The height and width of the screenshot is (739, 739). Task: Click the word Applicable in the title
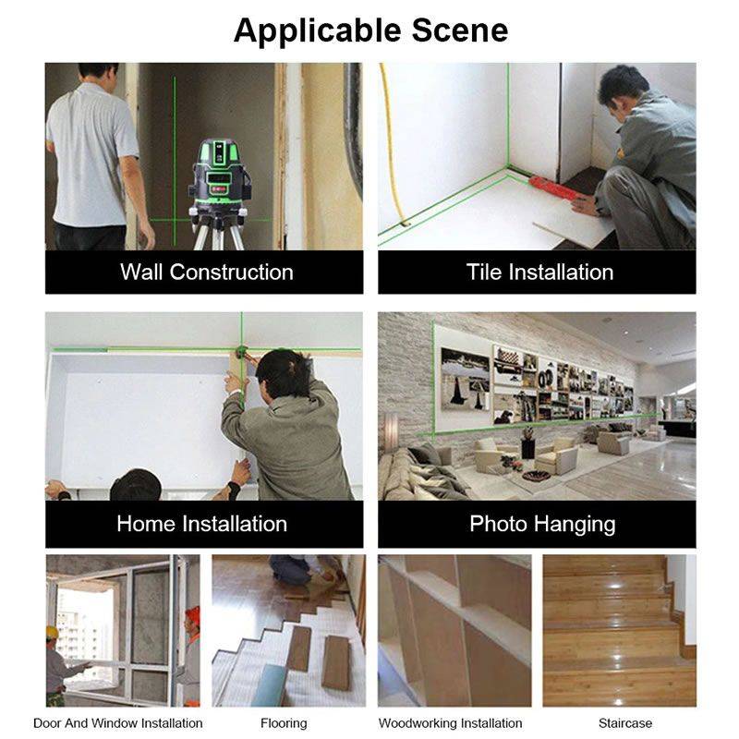pyautogui.click(x=313, y=30)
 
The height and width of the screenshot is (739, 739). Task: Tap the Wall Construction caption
pyautogui.click(x=206, y=273)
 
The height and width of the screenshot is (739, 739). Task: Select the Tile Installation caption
pyautogui.click(x=539, y=273)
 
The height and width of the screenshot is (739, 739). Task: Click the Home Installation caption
pyautogui.click(x=201, y=524)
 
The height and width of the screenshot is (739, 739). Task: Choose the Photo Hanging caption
pyautogui.click(x=542, y=524)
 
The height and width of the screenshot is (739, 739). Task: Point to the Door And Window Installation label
pyautogui.click(x=118, y=723)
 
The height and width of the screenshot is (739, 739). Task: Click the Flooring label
pyautogui.click(x=284, y=723)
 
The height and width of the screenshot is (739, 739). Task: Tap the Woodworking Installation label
pyautogui.click(x=450, y=723)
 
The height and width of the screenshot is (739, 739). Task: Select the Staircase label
pyautogui.click(x=624, y=723)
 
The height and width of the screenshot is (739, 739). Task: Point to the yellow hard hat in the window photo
pyautogui.click(x=53, y=632)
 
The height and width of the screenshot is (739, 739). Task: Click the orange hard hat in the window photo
pyautogui.click(x=193, y=615)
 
